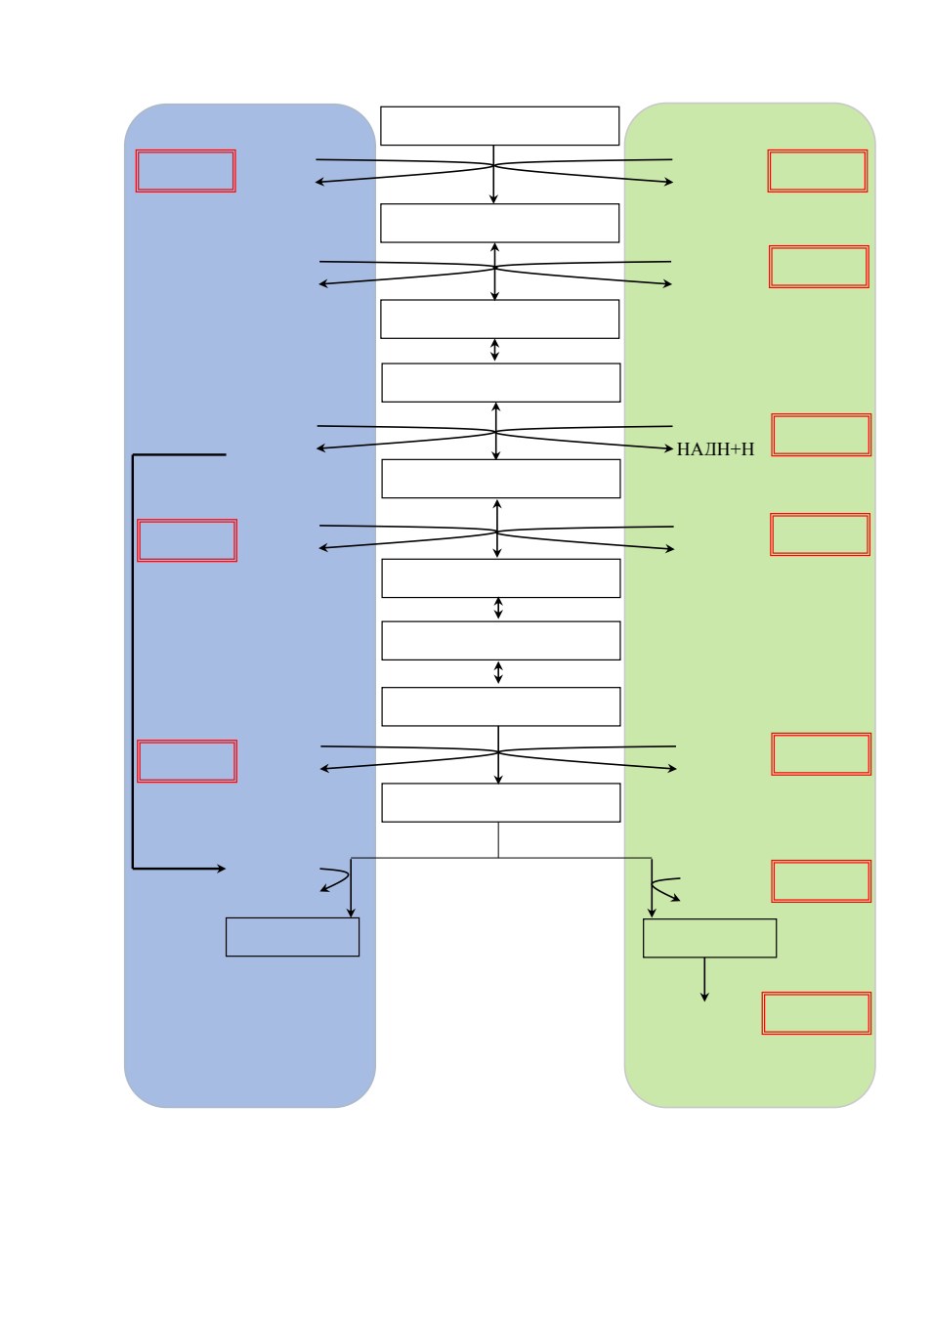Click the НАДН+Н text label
click(x=715, y=449)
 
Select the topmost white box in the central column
click(x=499, y=125)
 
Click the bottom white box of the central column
click(x=500, y=802)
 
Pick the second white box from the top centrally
click(x=499, y=223)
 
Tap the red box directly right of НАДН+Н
click(x=821, y=435)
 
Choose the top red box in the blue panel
click(x=186, y=171)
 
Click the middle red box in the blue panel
click(x=187, y=540)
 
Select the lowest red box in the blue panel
click(x=187, y=761)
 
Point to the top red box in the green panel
click(x=817, y=171)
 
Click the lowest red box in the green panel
click(x=816, y=1013)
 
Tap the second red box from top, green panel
click(x=819, y=267)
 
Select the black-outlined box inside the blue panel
click(x=292, y=936)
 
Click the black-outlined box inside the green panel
click(x=709, y=937)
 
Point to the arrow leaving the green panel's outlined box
click(x=703, y=979)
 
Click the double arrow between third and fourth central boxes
click(x=494, y=350)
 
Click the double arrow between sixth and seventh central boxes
click(x=498, y=608)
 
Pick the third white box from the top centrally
click(x=499, y=319)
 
